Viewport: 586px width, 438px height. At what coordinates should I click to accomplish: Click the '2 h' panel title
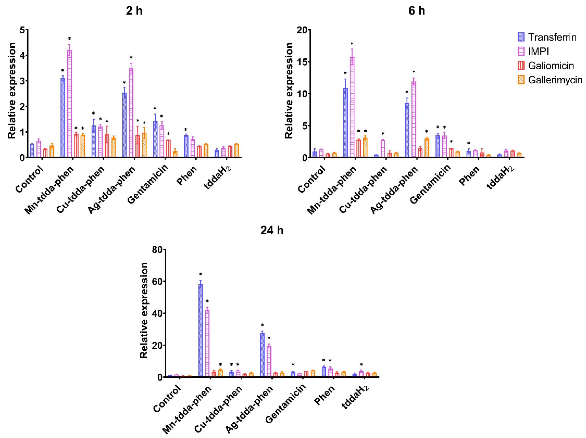[x=134, y=11]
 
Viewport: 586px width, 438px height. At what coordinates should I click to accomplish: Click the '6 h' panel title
[x=416, y=11]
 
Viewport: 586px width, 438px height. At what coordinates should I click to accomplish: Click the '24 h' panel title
[x=272, y=230]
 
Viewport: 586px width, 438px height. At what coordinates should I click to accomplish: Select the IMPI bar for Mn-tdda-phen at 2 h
[x=70, y=103]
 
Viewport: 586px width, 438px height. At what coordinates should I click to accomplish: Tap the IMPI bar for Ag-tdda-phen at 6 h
[x=414, y=119]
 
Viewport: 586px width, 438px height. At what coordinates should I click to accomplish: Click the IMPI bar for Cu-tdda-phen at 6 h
[x=382, y=149]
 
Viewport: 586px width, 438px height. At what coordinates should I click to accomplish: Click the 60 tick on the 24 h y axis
[x=157, y=281]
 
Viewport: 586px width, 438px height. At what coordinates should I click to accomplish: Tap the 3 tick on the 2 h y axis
[x=22, y=81]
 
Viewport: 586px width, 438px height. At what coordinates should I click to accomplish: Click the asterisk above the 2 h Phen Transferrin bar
[x=186, y=130]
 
